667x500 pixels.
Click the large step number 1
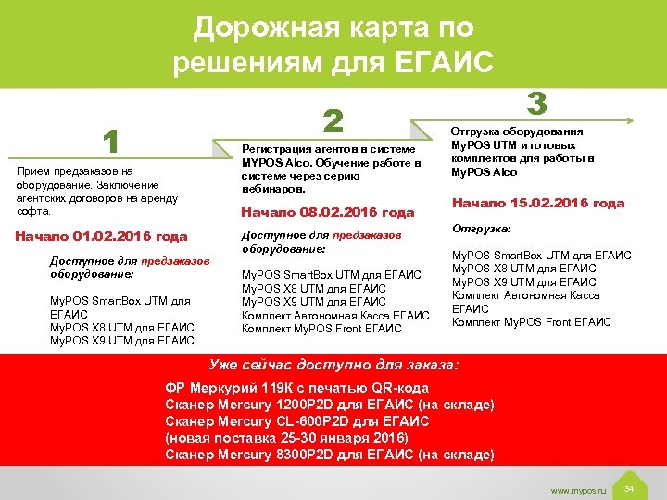coord(110,142)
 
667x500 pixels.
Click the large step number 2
coord(333,120)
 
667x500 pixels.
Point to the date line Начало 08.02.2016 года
coord(327,212)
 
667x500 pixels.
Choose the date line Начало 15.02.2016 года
coord(537,203)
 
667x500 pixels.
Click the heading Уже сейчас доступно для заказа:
coord(333,365)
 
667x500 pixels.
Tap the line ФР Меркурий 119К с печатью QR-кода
coord(296,389)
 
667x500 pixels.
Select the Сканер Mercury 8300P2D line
coord(329,454)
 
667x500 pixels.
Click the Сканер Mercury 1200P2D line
coord(329,405)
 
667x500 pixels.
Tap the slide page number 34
coord(629,487)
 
